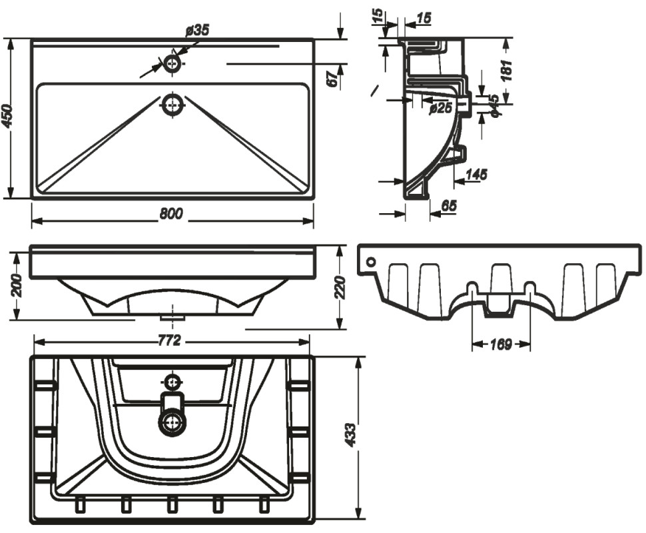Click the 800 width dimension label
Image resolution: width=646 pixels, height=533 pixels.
click(171, 214)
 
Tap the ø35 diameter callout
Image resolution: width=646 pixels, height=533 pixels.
click(198, 30)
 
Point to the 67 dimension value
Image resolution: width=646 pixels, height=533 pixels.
click(331, 79)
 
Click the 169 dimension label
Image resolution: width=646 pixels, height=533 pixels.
click(501, 344)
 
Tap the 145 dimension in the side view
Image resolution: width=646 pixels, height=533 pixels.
click(476, 175)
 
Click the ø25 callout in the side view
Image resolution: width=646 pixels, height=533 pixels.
click(441, 107)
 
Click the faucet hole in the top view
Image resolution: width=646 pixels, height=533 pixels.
click(172, 64)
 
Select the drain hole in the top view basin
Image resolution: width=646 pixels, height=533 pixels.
click(172, 105)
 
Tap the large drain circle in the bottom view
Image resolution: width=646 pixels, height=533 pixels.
click(172, 422)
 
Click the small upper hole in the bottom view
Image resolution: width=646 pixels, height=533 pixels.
click(172, 382)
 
